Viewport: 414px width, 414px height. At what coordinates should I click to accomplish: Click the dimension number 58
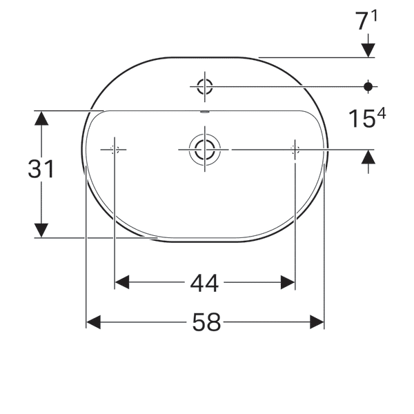(x=205, y=322)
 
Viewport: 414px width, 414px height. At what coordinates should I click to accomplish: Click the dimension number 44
(x=205, y=282)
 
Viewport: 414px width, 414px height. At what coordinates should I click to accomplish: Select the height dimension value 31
(x=41, y=168)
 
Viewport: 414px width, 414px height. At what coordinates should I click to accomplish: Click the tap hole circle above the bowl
(x=205, y=86)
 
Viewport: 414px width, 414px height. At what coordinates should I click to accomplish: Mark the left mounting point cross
(x=115, y=149)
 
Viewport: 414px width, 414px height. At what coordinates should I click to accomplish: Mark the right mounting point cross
(x=295, y=149)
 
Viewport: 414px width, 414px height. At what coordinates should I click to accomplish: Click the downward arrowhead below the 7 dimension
(x=368, y=50)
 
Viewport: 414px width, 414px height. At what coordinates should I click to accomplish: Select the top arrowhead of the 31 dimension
(x=41, y=118)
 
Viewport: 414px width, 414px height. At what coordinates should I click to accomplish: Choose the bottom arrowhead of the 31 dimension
(x=41, y=230)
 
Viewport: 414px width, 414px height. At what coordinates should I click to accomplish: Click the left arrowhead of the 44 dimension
(x=122, y=282)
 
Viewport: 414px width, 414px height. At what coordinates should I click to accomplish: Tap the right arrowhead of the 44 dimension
(x=288, y=282)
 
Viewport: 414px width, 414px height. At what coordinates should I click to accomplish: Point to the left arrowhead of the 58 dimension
(x=93, y=322)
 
